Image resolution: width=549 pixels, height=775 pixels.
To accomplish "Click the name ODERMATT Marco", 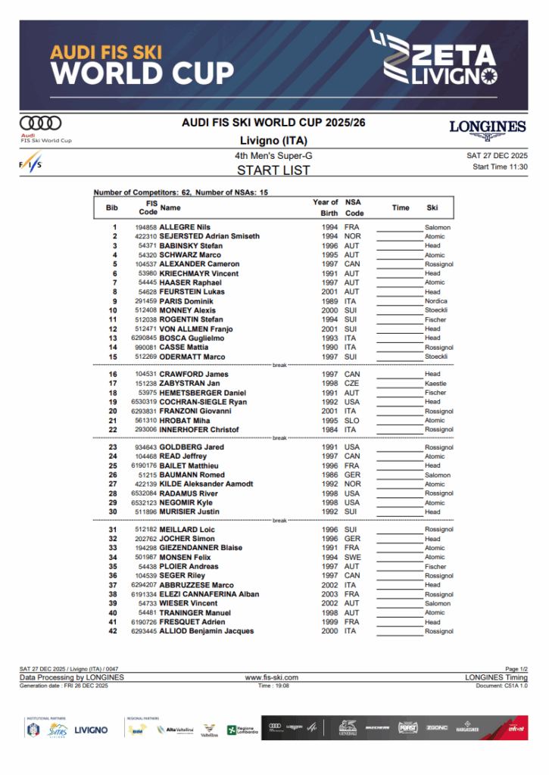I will tap(192, 356).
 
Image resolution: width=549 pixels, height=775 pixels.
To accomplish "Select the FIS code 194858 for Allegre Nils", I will tap(145, 227).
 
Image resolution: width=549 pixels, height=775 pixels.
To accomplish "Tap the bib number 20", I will tap(113, 411).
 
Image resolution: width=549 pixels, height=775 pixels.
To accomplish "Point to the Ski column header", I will tap(432, 207).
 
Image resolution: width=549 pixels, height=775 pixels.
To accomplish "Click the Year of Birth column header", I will tap(326, 207).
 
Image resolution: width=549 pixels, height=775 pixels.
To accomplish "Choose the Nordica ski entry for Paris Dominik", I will tap(435, 301).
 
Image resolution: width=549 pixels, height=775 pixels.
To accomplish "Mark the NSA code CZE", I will tap(351, 384).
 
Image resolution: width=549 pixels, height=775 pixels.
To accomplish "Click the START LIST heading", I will tap(273, 170).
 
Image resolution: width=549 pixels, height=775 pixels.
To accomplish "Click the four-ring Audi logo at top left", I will tap(41, 123).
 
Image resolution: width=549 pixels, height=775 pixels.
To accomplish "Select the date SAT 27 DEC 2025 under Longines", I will tap(498, 155).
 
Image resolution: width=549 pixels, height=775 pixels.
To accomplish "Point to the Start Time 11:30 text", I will tap(500, 167).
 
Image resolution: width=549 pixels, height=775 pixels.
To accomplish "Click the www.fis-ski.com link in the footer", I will tap(272, 677).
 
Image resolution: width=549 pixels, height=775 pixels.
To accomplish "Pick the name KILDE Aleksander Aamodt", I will tap(206, 484).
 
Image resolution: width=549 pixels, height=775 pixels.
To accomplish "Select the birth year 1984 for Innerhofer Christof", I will tap(329, 430).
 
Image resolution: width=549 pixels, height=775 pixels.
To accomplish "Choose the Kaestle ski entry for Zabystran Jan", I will tap(435, 384).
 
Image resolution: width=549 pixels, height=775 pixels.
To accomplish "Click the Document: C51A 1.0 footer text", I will tap(502, 685).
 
